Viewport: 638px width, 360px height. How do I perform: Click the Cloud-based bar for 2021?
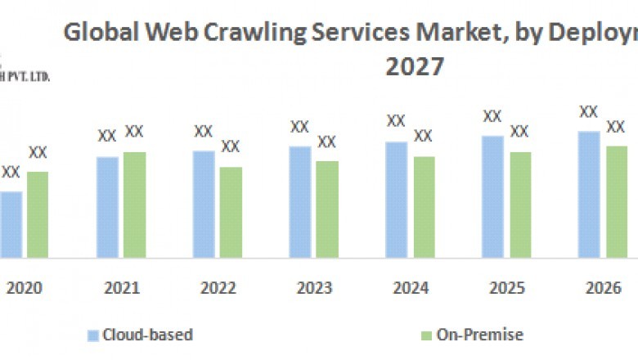[107, 207]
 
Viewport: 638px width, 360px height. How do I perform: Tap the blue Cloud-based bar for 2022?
[204, 204]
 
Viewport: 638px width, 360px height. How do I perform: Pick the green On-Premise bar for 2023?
[326, 209]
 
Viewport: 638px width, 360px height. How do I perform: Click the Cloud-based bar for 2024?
[397, 200]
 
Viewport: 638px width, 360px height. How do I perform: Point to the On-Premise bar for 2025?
[520, 205]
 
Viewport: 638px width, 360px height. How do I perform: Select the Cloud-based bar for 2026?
[589, 194]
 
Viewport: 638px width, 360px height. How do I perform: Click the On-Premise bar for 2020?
[38, 214]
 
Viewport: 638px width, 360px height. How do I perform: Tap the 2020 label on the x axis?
[24, 288]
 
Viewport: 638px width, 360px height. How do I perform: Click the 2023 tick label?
[314, 288]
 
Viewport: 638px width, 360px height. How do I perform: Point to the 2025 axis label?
[506, 288]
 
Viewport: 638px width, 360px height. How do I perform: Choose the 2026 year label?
[604, 288]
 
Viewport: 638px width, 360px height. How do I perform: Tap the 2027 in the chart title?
[415, 66]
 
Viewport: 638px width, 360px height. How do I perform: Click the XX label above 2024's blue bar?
[396, 121]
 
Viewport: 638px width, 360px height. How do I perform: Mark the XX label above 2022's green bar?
[231, 146]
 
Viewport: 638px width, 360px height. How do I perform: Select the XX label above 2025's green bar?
[519, 131]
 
